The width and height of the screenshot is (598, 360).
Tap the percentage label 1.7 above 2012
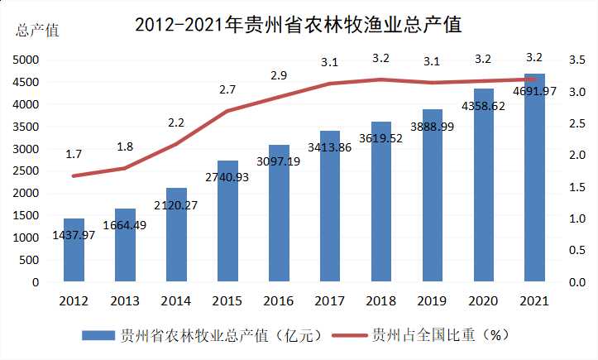pos(74,154)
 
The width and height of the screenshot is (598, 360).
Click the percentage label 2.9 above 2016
pos(279,75)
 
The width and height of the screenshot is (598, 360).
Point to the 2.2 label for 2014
pos(176,122)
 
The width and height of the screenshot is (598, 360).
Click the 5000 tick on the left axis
pos(26,60)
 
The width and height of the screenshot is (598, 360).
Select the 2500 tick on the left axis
pos(26,171)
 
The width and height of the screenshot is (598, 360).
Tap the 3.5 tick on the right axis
pos(577,60)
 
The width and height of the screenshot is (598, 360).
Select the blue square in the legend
pos(98,335)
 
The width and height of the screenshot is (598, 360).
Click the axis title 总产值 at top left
pos(37,31)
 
